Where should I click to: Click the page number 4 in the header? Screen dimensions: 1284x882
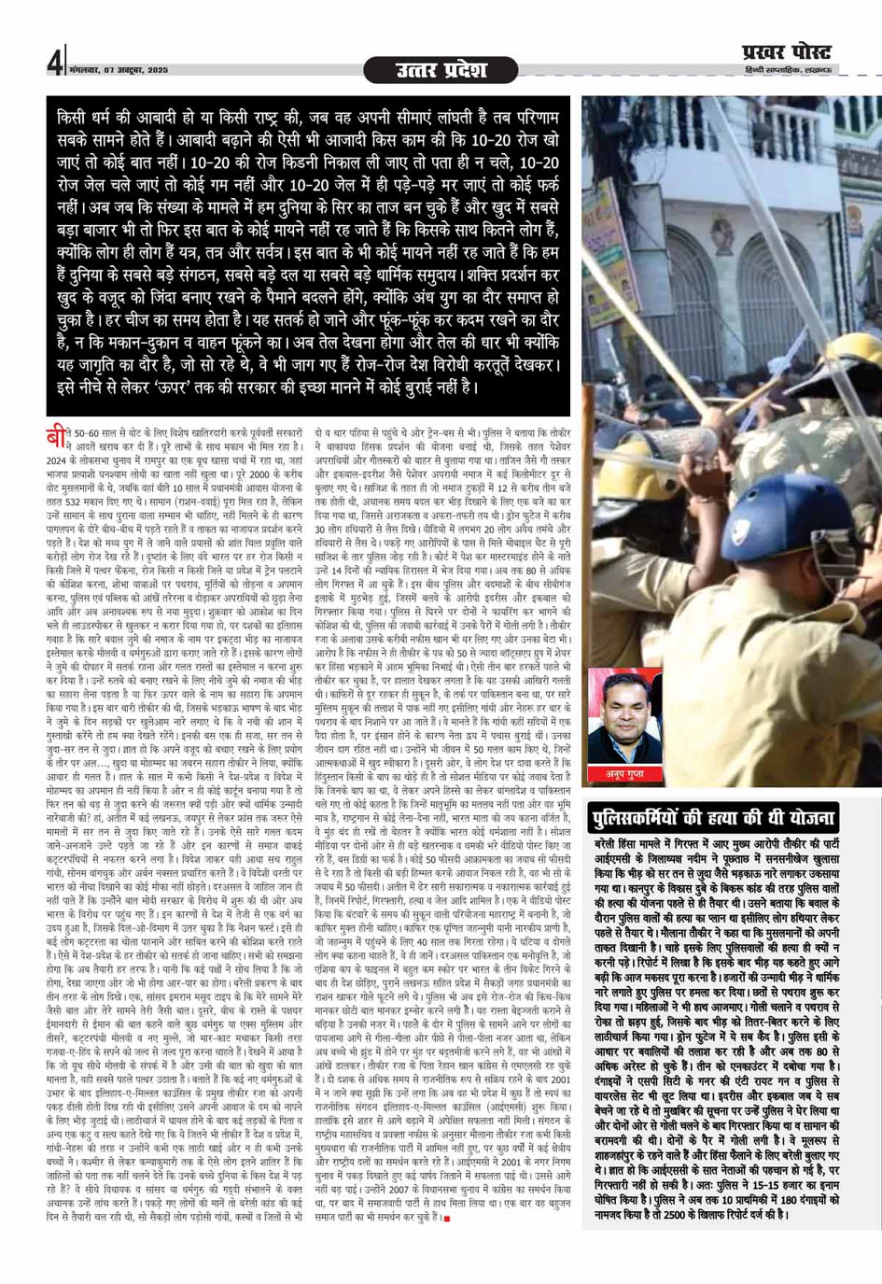pyautogui.click(x=54, y=63)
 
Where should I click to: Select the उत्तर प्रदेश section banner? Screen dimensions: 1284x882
pyautogui.click(x=441, y=70)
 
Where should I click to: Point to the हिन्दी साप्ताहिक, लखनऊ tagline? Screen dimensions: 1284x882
pyautogui.click(x=788, y=71)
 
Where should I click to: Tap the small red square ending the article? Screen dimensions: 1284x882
pyautogui.click(x=447, y=1218)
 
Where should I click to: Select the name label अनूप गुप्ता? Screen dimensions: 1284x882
pyautogui.click(x=623, y=773)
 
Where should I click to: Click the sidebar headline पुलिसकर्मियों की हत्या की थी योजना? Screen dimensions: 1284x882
pyautogui.click(x=713, y=818)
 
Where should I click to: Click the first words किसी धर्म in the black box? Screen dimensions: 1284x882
pyautogui.click(x=88, y=119)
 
